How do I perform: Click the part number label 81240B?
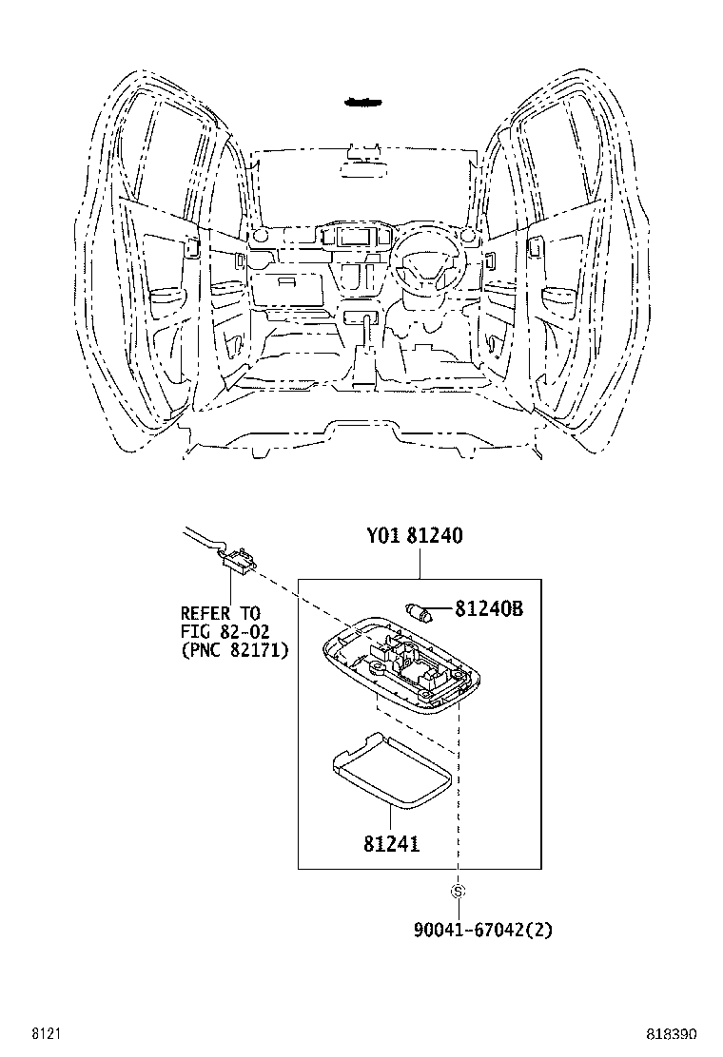point(488,609)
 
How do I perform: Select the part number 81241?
point(391,843)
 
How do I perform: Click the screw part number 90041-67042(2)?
point(482,931)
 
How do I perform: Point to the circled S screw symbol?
point(458,892)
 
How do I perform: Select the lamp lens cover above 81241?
point(391,773)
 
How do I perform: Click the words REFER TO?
point(220,614)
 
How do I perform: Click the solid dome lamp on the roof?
point(362,101)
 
